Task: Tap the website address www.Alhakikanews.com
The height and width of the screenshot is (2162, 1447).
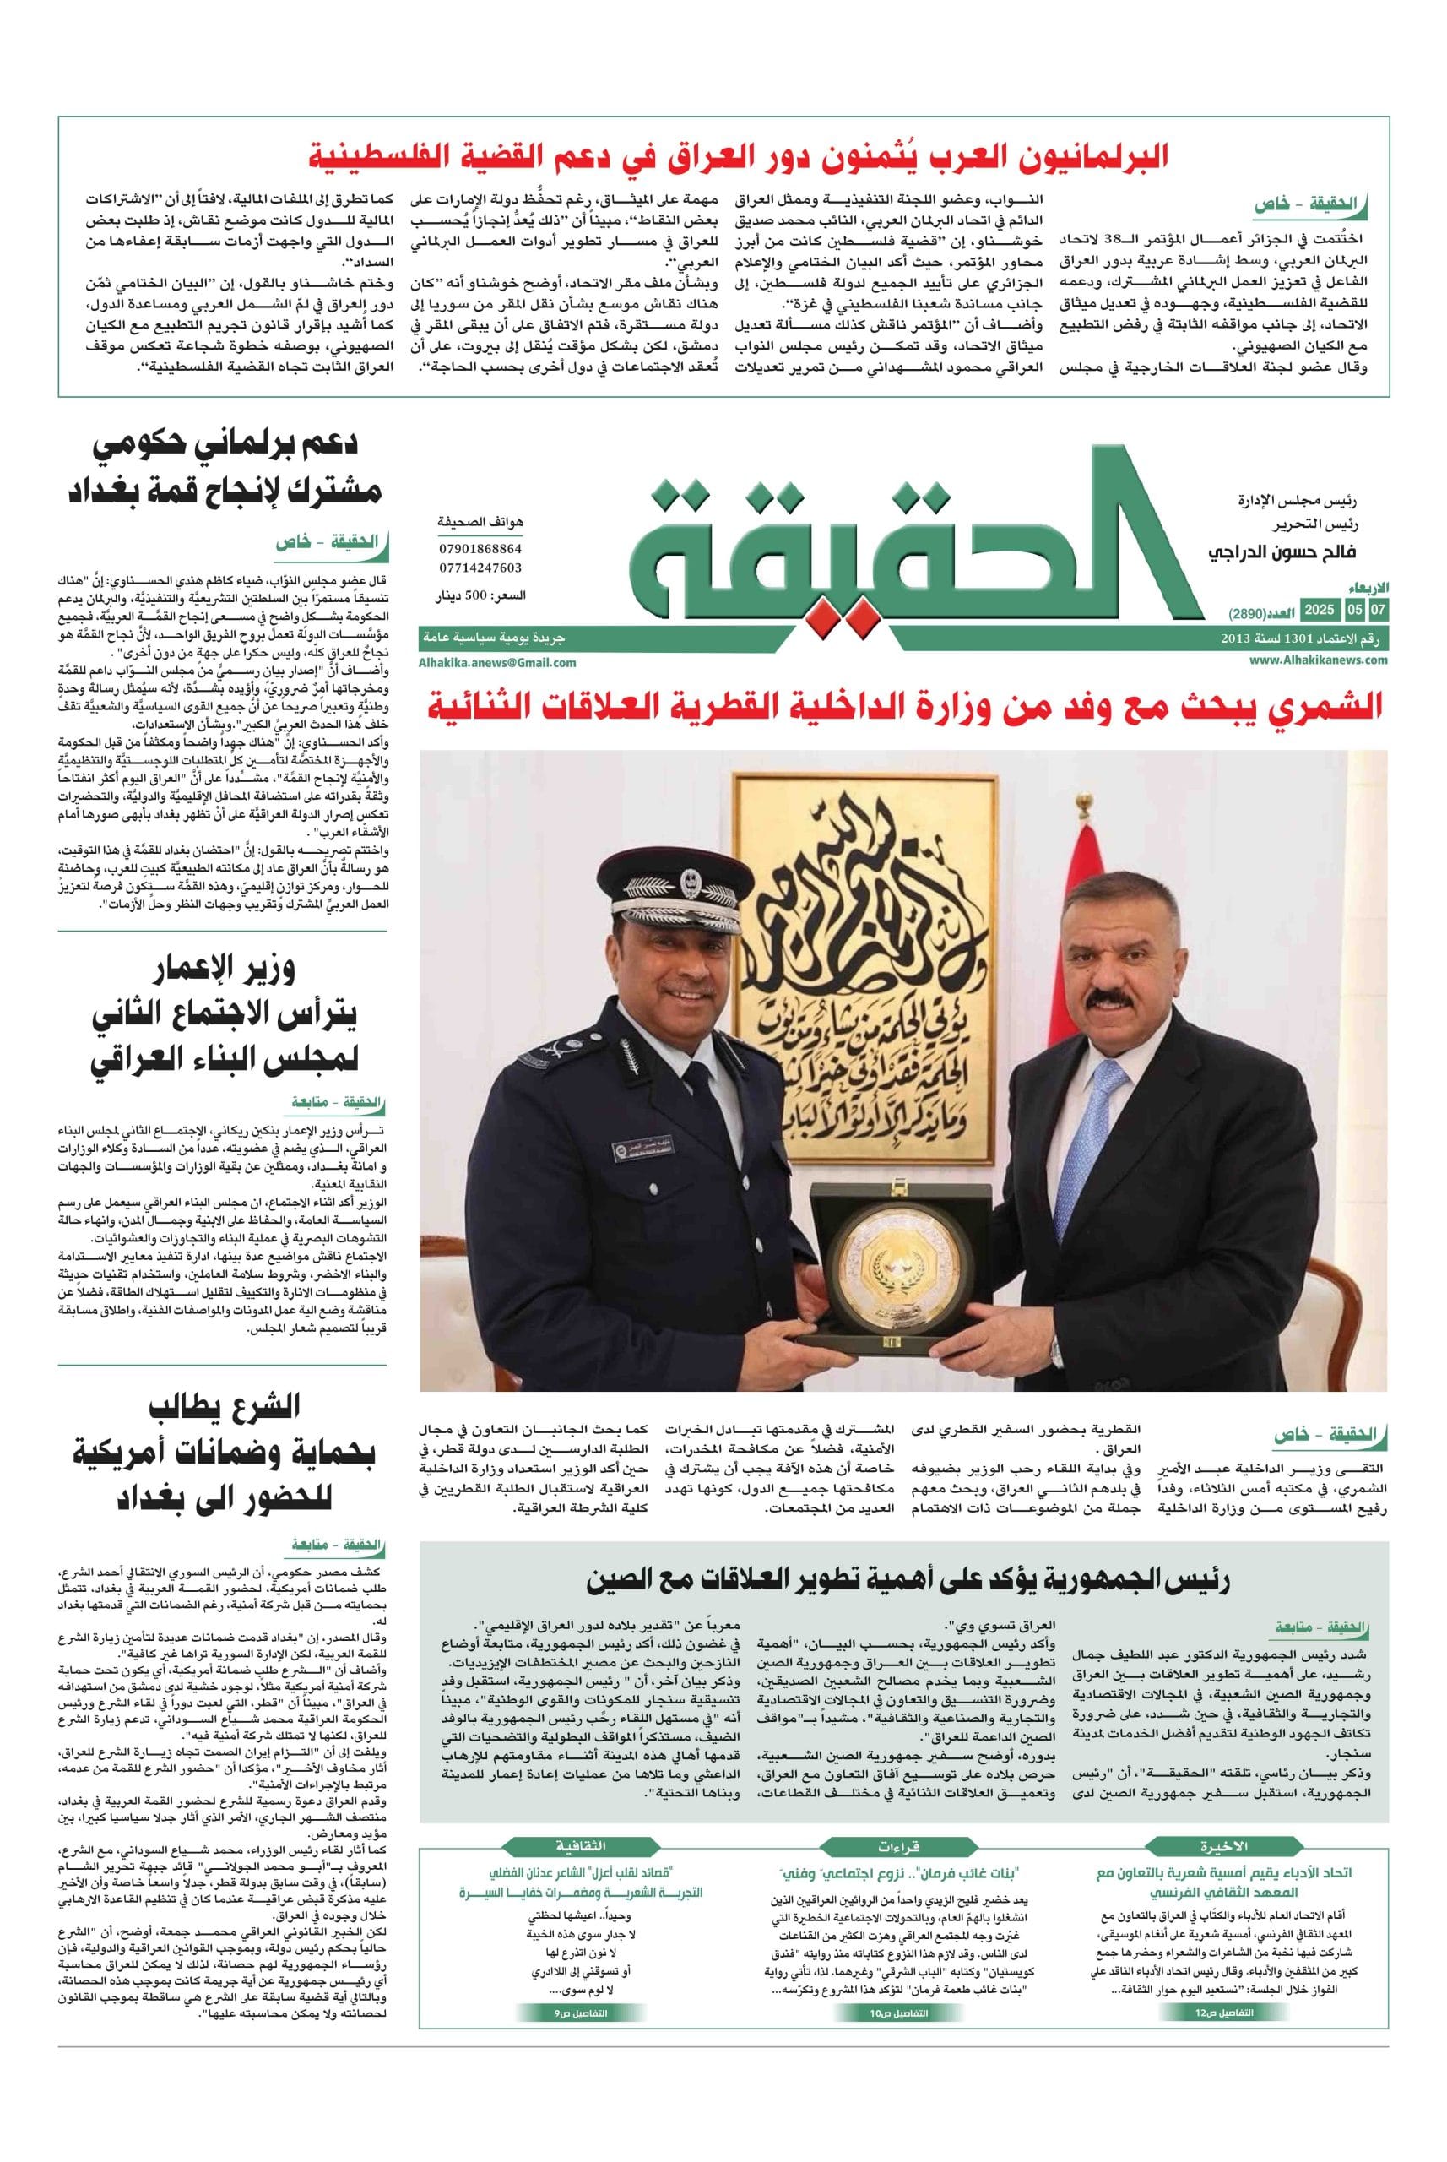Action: click(x=1319, y=660)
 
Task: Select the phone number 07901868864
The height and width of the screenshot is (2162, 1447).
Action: click(x=480, y=547)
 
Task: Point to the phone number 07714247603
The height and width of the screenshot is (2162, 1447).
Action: click(x=480, y=568)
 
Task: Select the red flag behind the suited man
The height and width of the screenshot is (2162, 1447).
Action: click(x=1092, y=886)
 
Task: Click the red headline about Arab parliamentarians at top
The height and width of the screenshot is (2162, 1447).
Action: click(x=738, y=157)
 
